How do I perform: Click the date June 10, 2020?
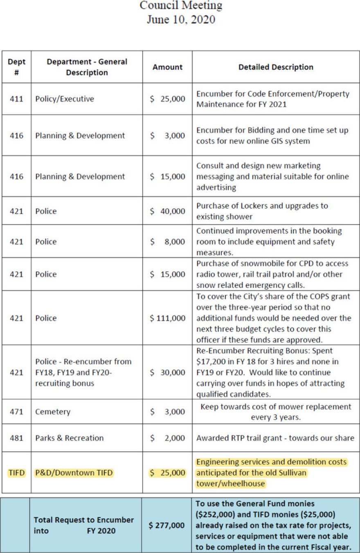[181, 19]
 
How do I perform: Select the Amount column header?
[167, 67]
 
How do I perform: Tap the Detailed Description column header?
[276, 67]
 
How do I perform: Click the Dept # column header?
[16, 67]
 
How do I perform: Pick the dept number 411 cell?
[16, 99]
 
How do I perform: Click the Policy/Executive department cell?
[65, 99]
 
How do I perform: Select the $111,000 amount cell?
[167, 318]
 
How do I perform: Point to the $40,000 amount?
[167, 211]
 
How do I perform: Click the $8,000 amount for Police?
[167, 242]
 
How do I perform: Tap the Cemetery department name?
[53, 412]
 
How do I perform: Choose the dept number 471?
[16, 412]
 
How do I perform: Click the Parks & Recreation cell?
[69, 438]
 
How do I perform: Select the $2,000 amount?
[167, 438]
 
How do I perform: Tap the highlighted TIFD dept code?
[16, 473]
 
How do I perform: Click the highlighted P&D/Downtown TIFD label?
[74, 473]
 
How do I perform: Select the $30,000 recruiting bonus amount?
[167, 372]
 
